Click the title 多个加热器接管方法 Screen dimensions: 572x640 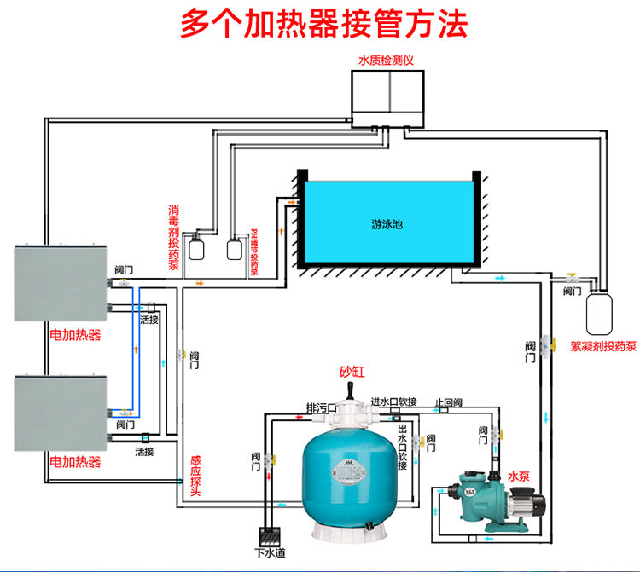[x=323, y=24]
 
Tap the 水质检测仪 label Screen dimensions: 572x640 [x=386, y=61]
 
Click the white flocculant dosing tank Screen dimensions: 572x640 [x=599, y=312]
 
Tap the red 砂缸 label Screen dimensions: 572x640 [x=351, y=371]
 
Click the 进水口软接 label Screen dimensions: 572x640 [x=393, y=402]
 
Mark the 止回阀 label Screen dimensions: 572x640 [x=449, y=402]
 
